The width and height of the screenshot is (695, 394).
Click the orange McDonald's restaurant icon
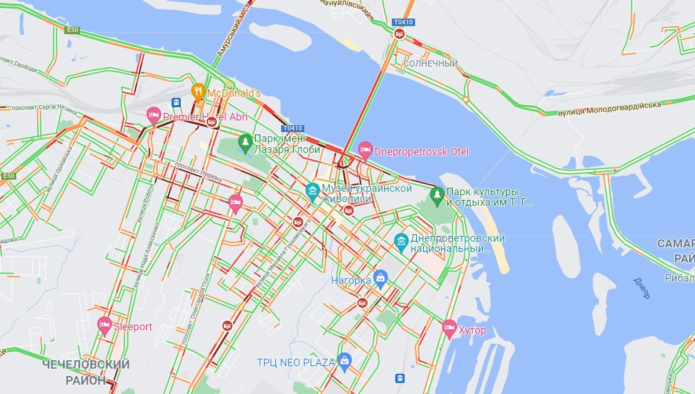coord(198,91)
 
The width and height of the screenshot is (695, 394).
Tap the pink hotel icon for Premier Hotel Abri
coord(154,115)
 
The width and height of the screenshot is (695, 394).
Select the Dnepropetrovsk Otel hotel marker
coord(365,150)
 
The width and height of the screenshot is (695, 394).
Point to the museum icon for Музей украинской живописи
coord(312,191)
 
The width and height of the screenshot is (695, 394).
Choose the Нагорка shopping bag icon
coord(380,279)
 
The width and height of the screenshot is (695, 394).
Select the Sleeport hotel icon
coord(104,325)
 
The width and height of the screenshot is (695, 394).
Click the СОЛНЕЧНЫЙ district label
coord(431,63)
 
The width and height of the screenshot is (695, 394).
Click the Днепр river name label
coord(642,288)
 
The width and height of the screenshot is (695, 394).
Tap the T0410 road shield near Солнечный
coord(403,23)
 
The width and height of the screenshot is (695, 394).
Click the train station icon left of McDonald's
coord(176,103)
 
